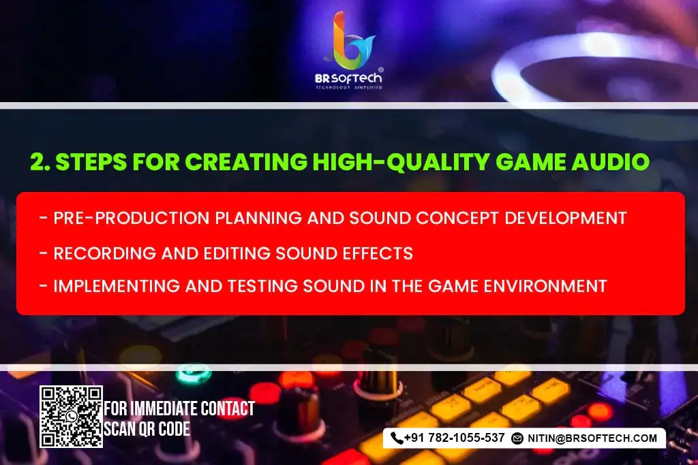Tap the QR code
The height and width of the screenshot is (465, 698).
71,417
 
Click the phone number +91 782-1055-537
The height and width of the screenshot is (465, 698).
454,438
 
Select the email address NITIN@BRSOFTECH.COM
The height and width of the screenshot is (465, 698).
592,438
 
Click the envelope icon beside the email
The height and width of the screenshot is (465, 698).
517,438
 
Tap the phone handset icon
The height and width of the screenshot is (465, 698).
396,438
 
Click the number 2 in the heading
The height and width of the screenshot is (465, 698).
37,162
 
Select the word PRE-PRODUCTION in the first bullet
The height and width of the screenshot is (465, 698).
121,218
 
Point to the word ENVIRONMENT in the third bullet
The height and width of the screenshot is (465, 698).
543,285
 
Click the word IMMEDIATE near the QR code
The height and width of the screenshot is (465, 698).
164,409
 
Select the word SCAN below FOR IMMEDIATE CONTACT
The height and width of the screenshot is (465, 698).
119,429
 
